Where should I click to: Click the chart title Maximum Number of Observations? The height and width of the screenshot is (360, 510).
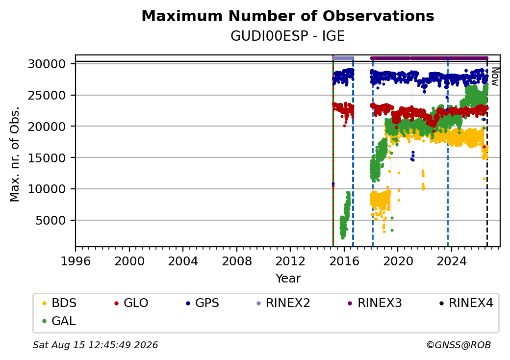point(288,16)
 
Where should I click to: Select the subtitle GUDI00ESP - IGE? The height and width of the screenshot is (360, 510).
point(287,36)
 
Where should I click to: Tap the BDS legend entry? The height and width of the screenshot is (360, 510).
point(59,303)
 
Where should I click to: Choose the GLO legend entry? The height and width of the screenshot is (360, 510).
point(131,303)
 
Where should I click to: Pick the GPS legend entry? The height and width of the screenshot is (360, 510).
point(203,303)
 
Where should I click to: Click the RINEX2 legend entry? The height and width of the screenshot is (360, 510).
point(283,303)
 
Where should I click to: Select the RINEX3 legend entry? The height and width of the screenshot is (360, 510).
point(375,303)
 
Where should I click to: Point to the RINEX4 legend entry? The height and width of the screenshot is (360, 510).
point(466,303)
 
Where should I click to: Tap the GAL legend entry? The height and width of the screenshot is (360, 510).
point(59,321)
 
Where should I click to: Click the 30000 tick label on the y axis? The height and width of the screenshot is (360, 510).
point(47,64)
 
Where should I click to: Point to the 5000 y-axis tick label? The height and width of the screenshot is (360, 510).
point(51,221)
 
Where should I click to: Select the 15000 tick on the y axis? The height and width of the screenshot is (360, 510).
point(47,158)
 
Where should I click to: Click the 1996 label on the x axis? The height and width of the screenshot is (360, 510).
point(76,261)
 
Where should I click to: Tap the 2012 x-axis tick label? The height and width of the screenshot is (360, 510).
point(290,261)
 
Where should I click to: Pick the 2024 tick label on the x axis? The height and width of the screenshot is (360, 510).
point(451,261)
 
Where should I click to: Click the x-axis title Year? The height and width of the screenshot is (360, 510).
point(288,279)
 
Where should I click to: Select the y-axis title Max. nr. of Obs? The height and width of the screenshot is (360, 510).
point(15,154)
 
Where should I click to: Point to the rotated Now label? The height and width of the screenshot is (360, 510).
point(495,77)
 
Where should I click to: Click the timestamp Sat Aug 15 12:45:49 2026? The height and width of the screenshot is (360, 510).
point(95,345)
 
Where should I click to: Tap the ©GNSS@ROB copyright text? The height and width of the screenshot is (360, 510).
point(459,345)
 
